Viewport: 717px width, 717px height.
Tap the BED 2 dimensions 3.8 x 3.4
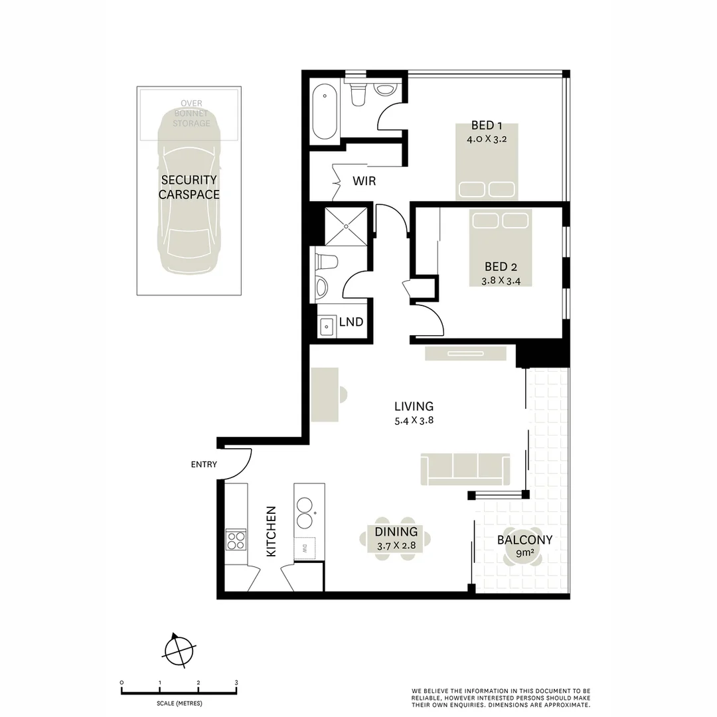click(x=500, y=281)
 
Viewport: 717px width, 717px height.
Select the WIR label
click(x=364, y=181)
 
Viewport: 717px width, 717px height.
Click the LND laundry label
click(x=351, y=322)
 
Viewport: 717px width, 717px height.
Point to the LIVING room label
click(x=413, y=406)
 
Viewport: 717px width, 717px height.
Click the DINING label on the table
click(x=396, y=532)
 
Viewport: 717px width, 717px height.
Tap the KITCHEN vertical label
click(x=271, y=531)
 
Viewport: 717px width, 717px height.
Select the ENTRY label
click(x=204, y=465)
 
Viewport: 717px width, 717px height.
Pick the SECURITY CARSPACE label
click(x=189, y=187)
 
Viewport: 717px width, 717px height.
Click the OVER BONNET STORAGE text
click(x=191, y=114)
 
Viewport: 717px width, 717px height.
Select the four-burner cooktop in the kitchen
click(x=236, y=539)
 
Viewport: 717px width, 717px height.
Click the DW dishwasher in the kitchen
click(x=305, y=548)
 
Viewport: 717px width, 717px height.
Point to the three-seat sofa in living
click(x=465, y=469)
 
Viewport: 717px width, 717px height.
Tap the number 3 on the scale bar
click(x=236, y=682)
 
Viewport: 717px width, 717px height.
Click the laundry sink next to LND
click(x=327, y=326)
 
